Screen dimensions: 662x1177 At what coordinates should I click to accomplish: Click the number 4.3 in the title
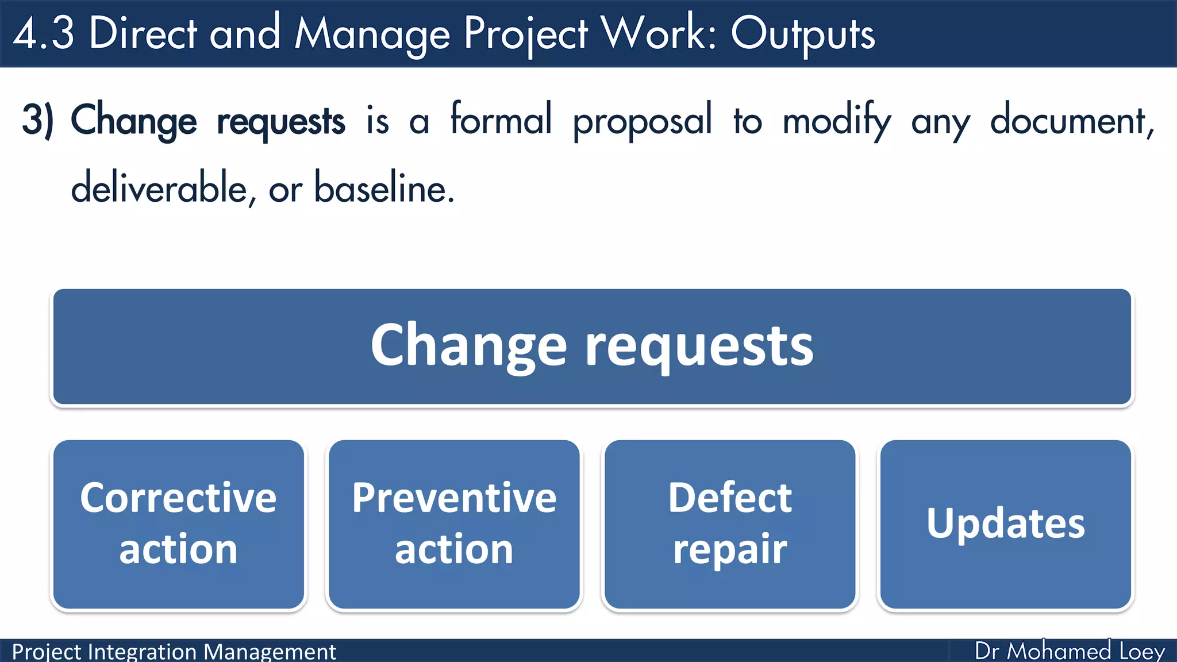(44, 33)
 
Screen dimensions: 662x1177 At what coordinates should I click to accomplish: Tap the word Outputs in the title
(802, 34)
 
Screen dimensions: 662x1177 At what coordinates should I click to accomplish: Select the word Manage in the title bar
(372, 34)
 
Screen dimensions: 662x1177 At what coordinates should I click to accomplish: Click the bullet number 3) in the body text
(38, 121)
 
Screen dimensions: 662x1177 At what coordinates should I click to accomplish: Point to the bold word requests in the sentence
(280, 122)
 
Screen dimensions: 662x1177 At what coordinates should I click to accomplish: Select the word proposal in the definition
(642, 122)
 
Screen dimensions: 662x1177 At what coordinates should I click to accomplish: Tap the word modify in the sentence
(837, 122)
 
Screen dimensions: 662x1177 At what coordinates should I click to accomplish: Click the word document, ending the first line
(1071, 121)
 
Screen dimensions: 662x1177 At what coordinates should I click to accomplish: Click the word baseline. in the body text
(384, 188)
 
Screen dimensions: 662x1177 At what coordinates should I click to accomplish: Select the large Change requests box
(592, 347)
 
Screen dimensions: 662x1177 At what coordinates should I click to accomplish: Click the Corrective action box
(179, 524)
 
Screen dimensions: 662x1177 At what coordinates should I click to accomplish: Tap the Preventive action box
(454, 524)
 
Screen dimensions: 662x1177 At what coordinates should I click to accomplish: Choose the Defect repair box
(730, 524)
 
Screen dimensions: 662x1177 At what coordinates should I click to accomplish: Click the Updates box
(1006, 524)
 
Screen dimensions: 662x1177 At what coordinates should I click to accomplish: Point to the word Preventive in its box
(454, 498)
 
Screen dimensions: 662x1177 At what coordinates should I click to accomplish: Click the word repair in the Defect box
(730, 549)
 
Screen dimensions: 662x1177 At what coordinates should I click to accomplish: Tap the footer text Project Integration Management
(174, 652)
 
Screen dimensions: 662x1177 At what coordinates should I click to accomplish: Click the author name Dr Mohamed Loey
(1070, 651)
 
